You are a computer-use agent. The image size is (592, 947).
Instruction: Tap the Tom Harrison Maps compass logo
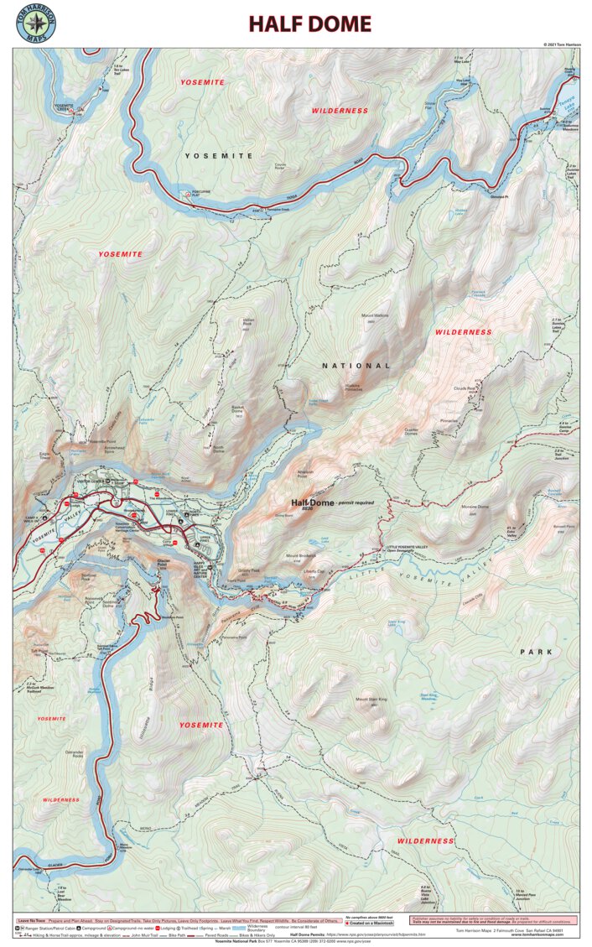[35, 24]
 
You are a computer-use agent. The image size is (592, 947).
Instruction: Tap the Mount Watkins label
[376, 316]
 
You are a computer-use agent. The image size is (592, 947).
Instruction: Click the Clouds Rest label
[465, 389]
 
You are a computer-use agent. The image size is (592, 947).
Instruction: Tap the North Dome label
[217, 449]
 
